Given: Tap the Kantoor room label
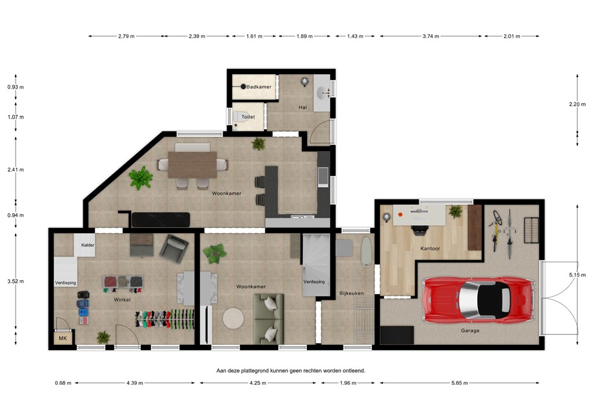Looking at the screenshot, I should click(x=430, y=249).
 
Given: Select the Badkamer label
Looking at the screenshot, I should click(x=258, y=87).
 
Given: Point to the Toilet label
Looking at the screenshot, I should click(x=248, y=117).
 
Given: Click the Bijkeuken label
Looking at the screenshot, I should click(x=351, y=293).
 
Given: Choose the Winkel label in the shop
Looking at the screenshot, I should click(x=122, y=300).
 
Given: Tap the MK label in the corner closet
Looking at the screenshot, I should click(x=63, y=338).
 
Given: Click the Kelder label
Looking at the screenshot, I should click(x=88, y=245).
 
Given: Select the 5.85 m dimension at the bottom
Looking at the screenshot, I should click(x=459, y=383).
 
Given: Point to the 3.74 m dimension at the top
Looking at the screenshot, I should click(x=431, y=36).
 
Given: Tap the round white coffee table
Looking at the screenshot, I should click(x=234, y=318).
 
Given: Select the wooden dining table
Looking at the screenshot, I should click(x=192, y=164).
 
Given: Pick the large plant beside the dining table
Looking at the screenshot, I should click(x=140, y=178).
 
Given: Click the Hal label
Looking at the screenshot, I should click(x=302, y=107).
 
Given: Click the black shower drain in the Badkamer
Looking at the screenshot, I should click(x=243, y=87).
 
